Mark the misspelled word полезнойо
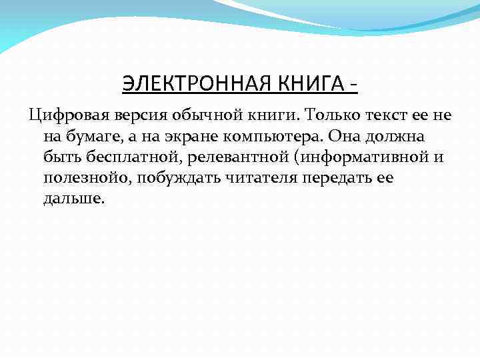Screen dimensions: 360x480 click(x=83, y=179)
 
